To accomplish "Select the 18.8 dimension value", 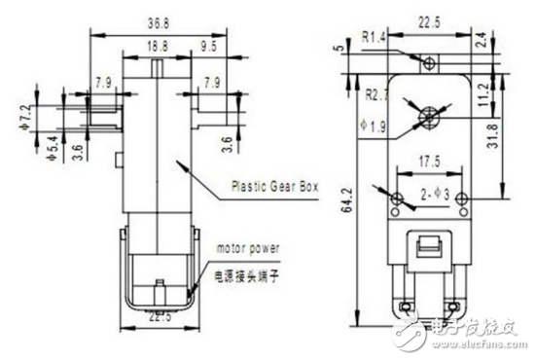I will pyautogui.click(x=156, y=45).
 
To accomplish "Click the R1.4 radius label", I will pyautogui.click(x=375, y=38).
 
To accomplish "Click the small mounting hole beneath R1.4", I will pyautogui.click(x=427, y=62).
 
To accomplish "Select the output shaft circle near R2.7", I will pyautogui.click(x=426, y=117).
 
